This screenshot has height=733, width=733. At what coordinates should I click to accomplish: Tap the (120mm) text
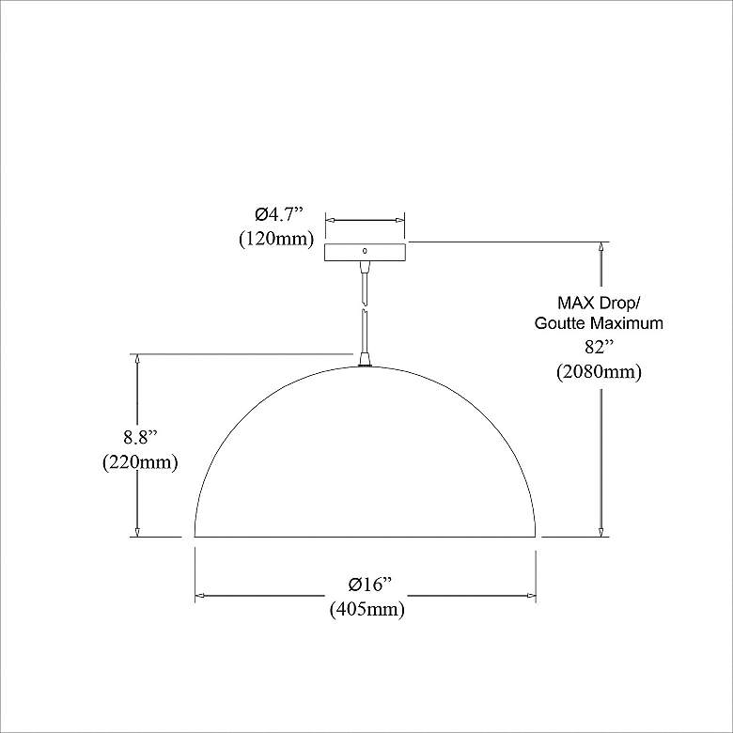(x=275, y=238)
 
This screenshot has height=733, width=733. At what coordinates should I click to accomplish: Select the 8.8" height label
(x=139, y=437)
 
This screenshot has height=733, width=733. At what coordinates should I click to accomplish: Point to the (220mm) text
(x=139, y=462)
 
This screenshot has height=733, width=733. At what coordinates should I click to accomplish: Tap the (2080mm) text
(x=598, y=371)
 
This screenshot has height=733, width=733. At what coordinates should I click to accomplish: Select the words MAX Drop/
(x=599, y=303)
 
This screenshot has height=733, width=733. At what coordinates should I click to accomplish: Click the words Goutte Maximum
(x=599, y=323)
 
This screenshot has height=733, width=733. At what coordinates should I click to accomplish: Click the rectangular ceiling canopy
(x=365, y=252)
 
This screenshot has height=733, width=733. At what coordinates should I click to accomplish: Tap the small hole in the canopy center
(x=365, y=251)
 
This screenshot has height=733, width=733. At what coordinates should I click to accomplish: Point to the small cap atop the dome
(x=365, y=359)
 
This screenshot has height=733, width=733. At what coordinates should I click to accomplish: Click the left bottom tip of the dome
(x=195, y=535)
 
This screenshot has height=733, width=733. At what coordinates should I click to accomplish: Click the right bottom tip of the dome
(x=536, y=535)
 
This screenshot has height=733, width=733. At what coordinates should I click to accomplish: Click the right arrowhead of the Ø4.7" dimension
(x=401, y=222)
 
